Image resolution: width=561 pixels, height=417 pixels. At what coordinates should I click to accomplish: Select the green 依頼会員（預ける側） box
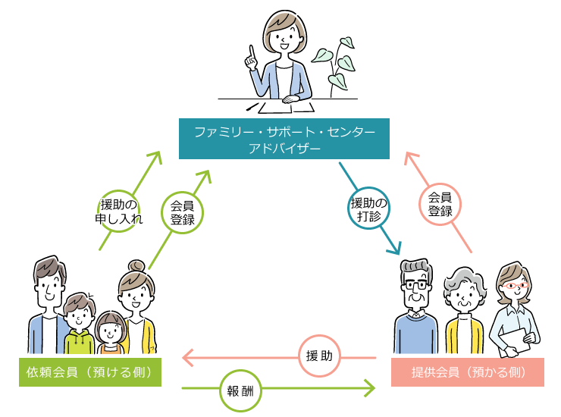[89, 372]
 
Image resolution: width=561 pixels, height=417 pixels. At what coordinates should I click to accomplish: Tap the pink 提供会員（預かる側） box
[468, 372]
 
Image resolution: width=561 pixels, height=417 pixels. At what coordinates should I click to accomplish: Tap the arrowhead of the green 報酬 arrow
[369, 390]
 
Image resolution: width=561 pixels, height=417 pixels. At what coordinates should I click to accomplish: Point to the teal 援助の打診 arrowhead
[393, 247]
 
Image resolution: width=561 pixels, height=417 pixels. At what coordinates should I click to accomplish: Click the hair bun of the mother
[136, 265]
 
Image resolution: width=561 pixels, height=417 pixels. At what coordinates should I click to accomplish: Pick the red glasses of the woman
[515, 287]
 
